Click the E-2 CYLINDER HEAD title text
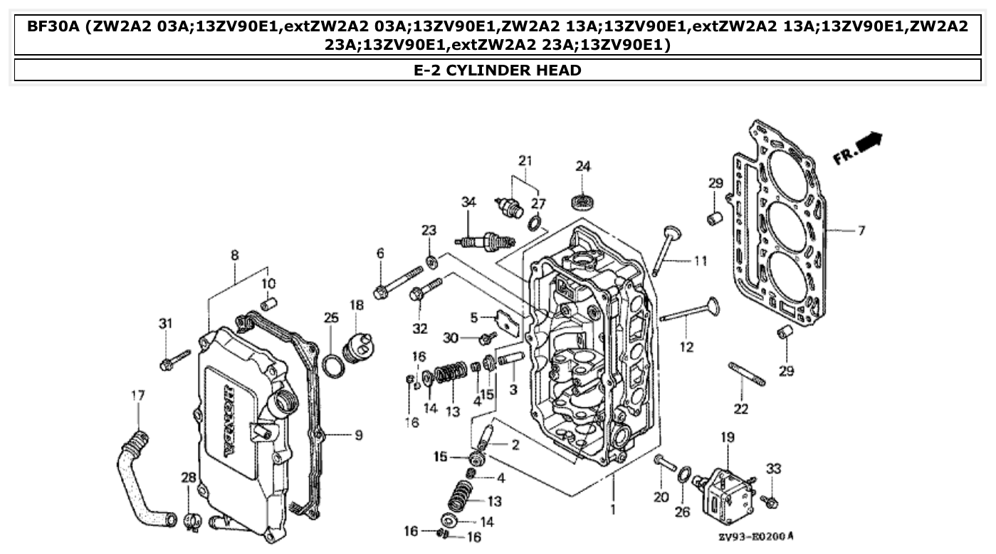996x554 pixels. click(498, 70)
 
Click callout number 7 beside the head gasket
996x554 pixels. click(861, 231)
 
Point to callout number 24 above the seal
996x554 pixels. click(583, 167)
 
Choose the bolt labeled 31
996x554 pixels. click(174, 360)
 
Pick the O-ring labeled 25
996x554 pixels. click(332, 365)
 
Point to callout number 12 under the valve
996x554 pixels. click(686, 347)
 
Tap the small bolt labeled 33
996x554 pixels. click(769, 501)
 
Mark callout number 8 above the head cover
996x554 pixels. click(234, 255)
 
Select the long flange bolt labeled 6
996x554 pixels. click(399, 281)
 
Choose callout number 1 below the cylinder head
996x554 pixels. click(613, 510)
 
